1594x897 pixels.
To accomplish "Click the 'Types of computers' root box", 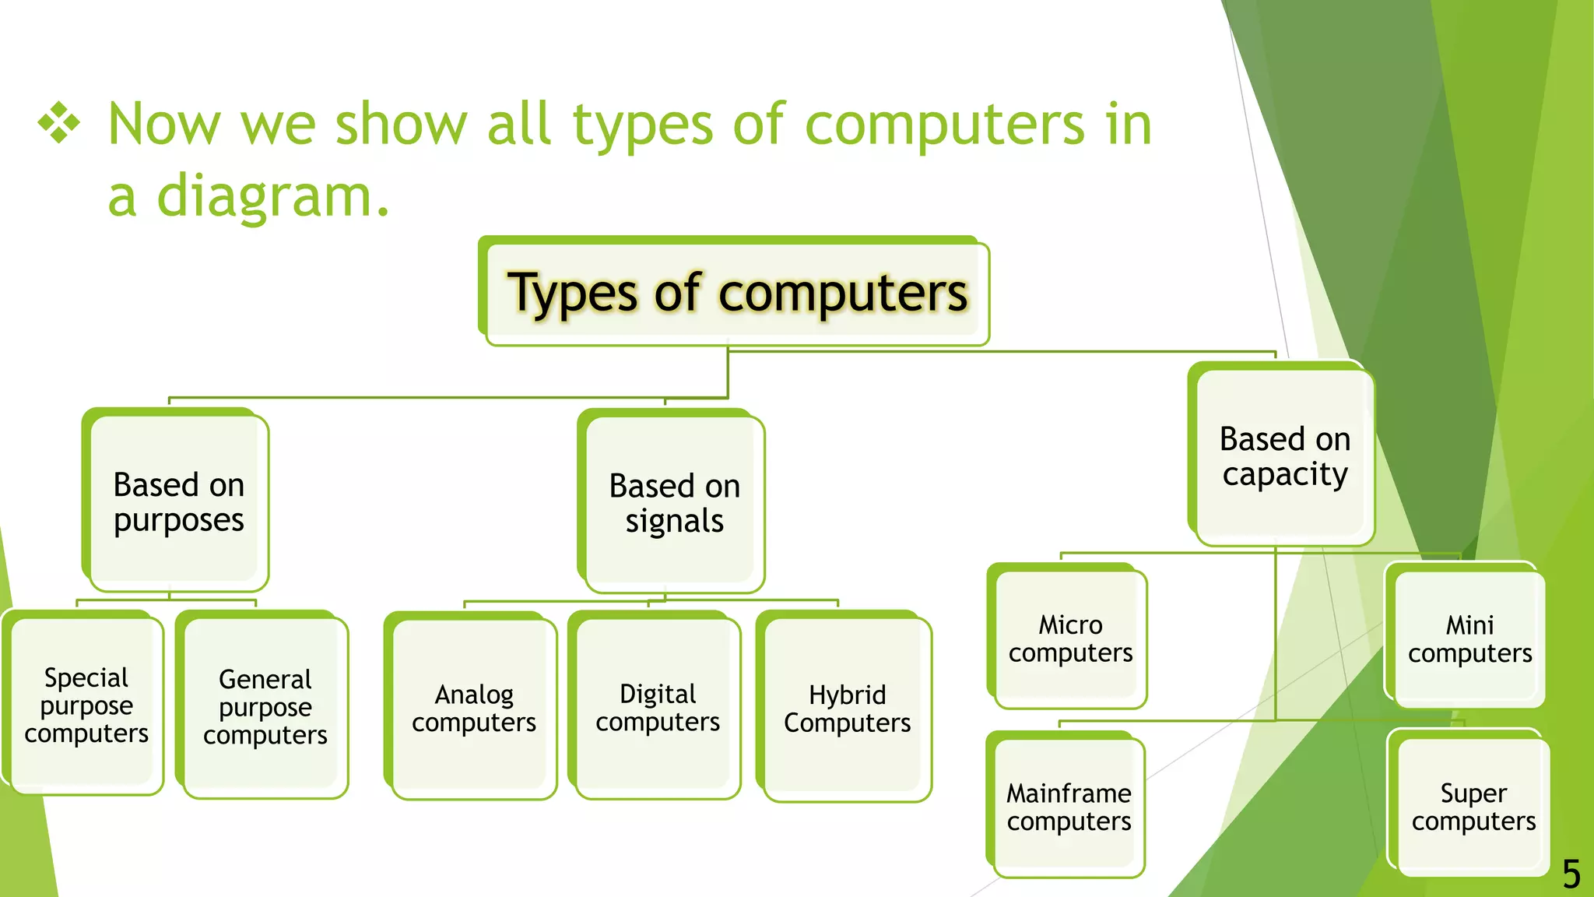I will pos(736,293).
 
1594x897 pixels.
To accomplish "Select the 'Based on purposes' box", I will pos(178,502).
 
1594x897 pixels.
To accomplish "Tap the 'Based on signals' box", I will pos(674,503).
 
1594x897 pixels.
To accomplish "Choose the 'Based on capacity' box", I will pos(1284,456).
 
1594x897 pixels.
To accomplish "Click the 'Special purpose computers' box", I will pos(86,705).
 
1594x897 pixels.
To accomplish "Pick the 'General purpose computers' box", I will pos(265,707).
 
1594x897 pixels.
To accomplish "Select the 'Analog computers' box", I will pos(473,708).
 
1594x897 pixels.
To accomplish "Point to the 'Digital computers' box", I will pos(657,707).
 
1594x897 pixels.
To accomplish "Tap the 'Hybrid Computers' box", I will pos(847,708).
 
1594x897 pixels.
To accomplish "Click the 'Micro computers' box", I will pos(1070,638).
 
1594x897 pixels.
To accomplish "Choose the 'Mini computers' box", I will pos(1469,638).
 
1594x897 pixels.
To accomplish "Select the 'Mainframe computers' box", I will pos(1069,807).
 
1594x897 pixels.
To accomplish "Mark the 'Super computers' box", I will pos(1473,807).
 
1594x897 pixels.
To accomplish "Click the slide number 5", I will pos(1571,874).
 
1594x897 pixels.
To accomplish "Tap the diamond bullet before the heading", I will pos(59,124).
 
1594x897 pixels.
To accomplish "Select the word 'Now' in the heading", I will pos(164,124).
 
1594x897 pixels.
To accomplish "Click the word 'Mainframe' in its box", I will pos(1069,793).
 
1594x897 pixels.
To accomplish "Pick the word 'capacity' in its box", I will pos(1285,474).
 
